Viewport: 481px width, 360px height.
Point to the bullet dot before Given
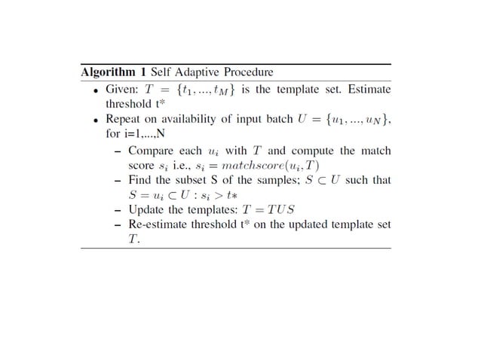pyautogui.click(x=96, y=90)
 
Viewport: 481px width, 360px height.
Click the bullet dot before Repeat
pyautogui.click(x=96, y=120)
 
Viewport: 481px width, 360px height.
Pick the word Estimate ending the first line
pyautogui.click(x=367, y=90)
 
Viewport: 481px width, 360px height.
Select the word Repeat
pyautogui.click(x=124, y=120)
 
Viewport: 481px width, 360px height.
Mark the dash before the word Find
pyautogui.click(x=118, y=181)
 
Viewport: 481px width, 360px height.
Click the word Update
pyautogui.click(x=149, y=210)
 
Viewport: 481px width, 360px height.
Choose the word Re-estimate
pyautogui.click(x=160, y=225)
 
